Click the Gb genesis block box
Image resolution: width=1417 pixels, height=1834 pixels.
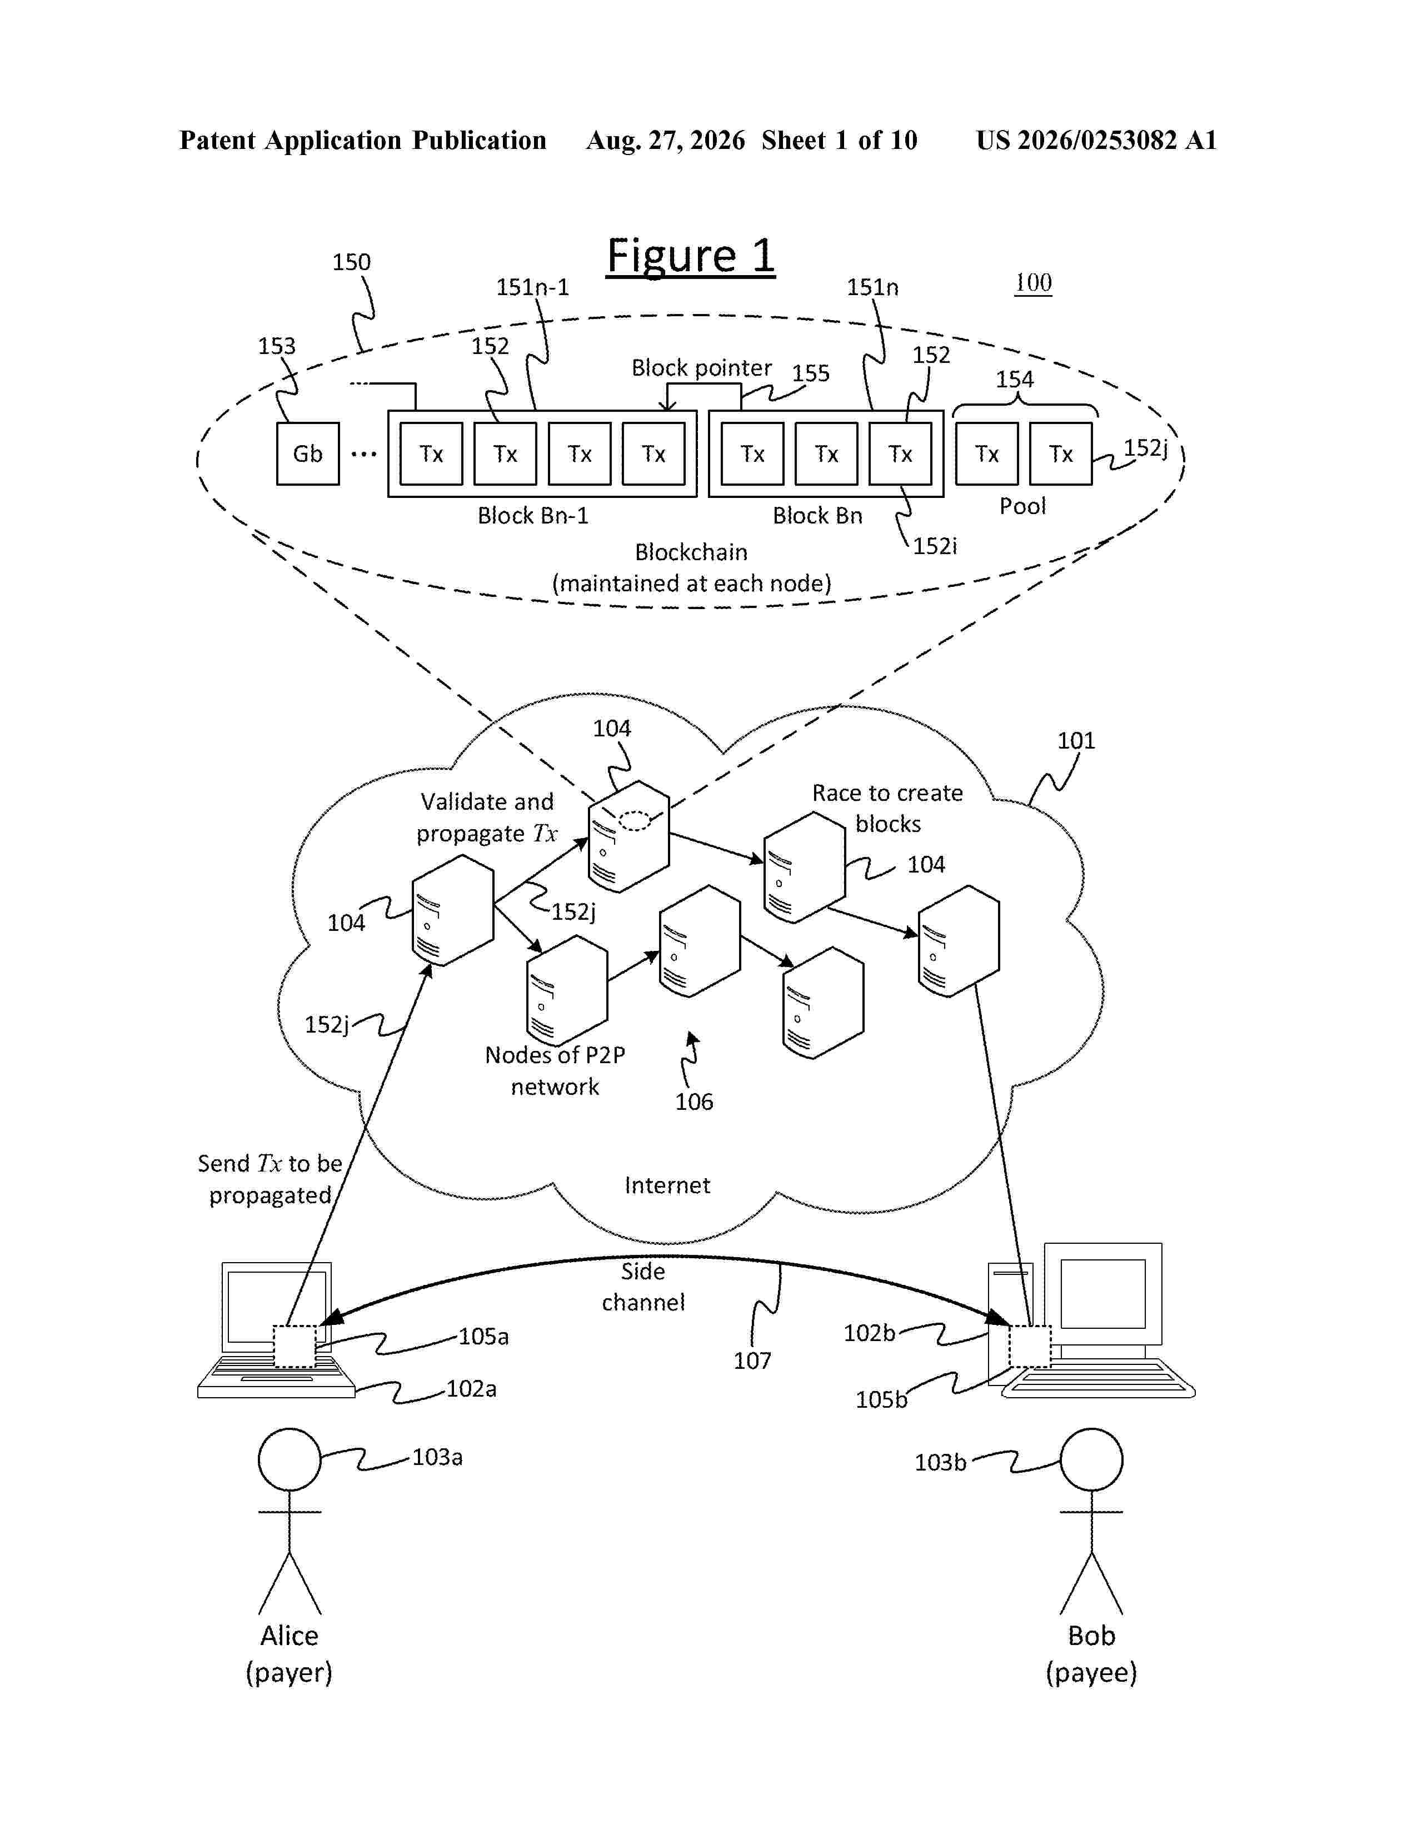point(308,453)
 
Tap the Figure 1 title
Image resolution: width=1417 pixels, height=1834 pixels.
point(690,256)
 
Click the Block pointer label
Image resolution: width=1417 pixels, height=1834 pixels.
point(701,368)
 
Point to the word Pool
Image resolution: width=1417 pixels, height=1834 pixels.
point(1022,506)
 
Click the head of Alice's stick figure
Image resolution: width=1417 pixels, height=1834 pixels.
point(290,1459)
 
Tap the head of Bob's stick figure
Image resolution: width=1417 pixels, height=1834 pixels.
point(1091,1459)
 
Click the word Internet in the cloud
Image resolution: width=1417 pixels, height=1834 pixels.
point(667,1185)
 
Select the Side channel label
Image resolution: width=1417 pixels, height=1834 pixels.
point(643,1287)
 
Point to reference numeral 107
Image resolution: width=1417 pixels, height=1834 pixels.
point(752,1360)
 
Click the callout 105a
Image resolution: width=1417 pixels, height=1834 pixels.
point(483,1336)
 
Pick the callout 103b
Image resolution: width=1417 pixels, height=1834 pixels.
point(940,1462)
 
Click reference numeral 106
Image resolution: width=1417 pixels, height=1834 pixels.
point(694,1102)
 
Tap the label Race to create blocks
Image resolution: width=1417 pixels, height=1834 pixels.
point(887,808)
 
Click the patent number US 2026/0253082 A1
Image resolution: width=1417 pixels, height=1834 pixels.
point(1096,140)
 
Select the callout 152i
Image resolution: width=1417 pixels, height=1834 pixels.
point(934,546)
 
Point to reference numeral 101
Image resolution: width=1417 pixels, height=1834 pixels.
point(1076,741)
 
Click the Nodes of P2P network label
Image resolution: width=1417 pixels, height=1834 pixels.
point(555,1071)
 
